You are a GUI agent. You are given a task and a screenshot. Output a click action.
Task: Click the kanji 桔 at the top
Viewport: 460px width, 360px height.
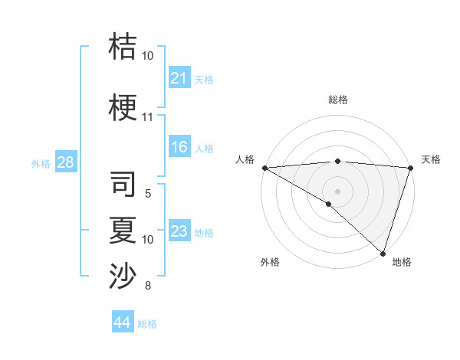123,47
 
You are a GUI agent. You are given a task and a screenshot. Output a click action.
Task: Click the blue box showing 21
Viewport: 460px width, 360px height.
179,78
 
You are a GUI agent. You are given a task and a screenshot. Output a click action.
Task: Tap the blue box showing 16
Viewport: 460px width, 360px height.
179,147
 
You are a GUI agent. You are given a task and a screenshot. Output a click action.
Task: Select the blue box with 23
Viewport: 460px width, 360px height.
179,231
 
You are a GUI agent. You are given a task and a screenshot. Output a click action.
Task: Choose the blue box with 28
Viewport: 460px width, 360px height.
65,162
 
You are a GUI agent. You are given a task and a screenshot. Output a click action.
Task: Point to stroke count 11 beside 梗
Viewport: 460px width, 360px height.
147,117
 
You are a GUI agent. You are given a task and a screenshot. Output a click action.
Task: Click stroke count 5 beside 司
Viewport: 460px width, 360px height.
147,194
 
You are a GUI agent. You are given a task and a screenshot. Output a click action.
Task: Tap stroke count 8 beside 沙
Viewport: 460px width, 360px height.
147,286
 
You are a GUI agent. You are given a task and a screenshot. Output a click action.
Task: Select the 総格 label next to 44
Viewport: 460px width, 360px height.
147,324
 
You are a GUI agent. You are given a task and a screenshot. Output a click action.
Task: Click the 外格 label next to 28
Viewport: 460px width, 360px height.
41,163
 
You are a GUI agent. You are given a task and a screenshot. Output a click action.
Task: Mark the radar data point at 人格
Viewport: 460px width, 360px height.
264,168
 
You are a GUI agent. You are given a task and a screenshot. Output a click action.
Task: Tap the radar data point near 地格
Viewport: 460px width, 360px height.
383,254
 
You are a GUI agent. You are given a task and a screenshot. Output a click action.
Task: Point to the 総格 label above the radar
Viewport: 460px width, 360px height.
337,100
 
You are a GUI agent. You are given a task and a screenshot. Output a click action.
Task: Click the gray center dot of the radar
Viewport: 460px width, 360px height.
337,191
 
